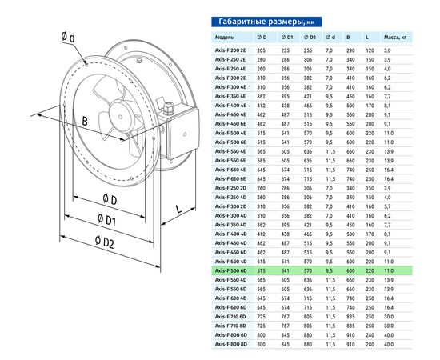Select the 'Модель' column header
pos(225,38)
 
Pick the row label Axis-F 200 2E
pos(230,50)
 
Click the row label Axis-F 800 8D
pos(230,343)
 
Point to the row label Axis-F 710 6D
pos(230,317)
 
